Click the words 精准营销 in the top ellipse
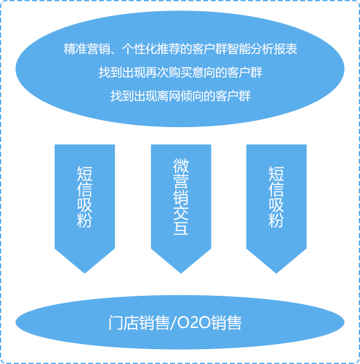tap(87, 49)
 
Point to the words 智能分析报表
tap(262, 49)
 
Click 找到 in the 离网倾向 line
tap(122, 96)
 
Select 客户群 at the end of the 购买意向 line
tap(245, 73)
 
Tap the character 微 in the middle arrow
tap(181, 166)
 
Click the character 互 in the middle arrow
tap(181, 228)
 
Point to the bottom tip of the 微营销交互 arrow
tap(181, 273)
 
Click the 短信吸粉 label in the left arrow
tap(84, 197)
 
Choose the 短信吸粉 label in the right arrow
tap(276, 197)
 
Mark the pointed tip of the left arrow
tap(84, 273)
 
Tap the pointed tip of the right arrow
tap(276, 273)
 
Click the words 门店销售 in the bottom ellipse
tap(139, 322)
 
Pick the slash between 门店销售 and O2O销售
tap(173, 323)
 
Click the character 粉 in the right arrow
tap(276, 220)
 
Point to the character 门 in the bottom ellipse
tap(115, 322)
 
